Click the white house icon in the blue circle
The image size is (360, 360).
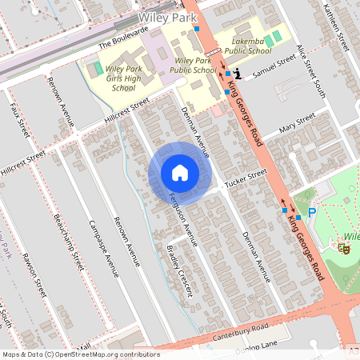pos(179,172)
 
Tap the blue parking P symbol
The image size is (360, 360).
pos(312,213)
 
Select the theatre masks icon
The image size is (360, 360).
pos(346,249)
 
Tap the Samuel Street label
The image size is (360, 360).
pos(274,70)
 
